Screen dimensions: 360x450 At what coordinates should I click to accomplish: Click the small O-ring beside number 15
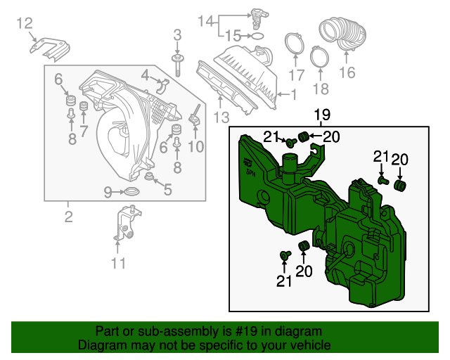point(258,34)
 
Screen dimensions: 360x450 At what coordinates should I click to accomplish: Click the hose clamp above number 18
point(319,55)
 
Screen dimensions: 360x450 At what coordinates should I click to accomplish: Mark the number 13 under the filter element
point(221,117)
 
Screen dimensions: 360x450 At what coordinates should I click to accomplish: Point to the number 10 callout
point(195,146)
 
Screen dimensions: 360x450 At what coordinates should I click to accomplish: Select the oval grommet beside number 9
point(131,191)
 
